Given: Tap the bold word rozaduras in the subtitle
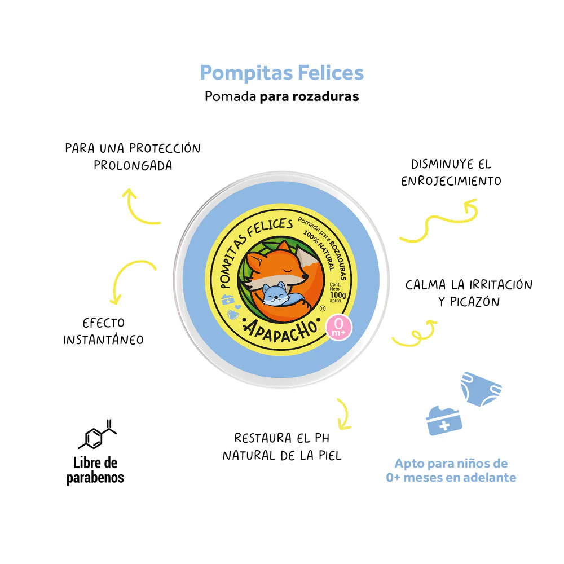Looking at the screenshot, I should [325, 96].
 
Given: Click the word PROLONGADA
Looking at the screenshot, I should [133, 166].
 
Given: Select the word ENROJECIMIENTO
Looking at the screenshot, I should [451, 181].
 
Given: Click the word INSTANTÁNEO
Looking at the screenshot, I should [103, 340].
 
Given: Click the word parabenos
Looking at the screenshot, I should [95, 478].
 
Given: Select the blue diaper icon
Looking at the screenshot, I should [481, 389].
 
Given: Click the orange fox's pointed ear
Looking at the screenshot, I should [284, 248].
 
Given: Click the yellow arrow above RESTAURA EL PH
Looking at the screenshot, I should [342, 415].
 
